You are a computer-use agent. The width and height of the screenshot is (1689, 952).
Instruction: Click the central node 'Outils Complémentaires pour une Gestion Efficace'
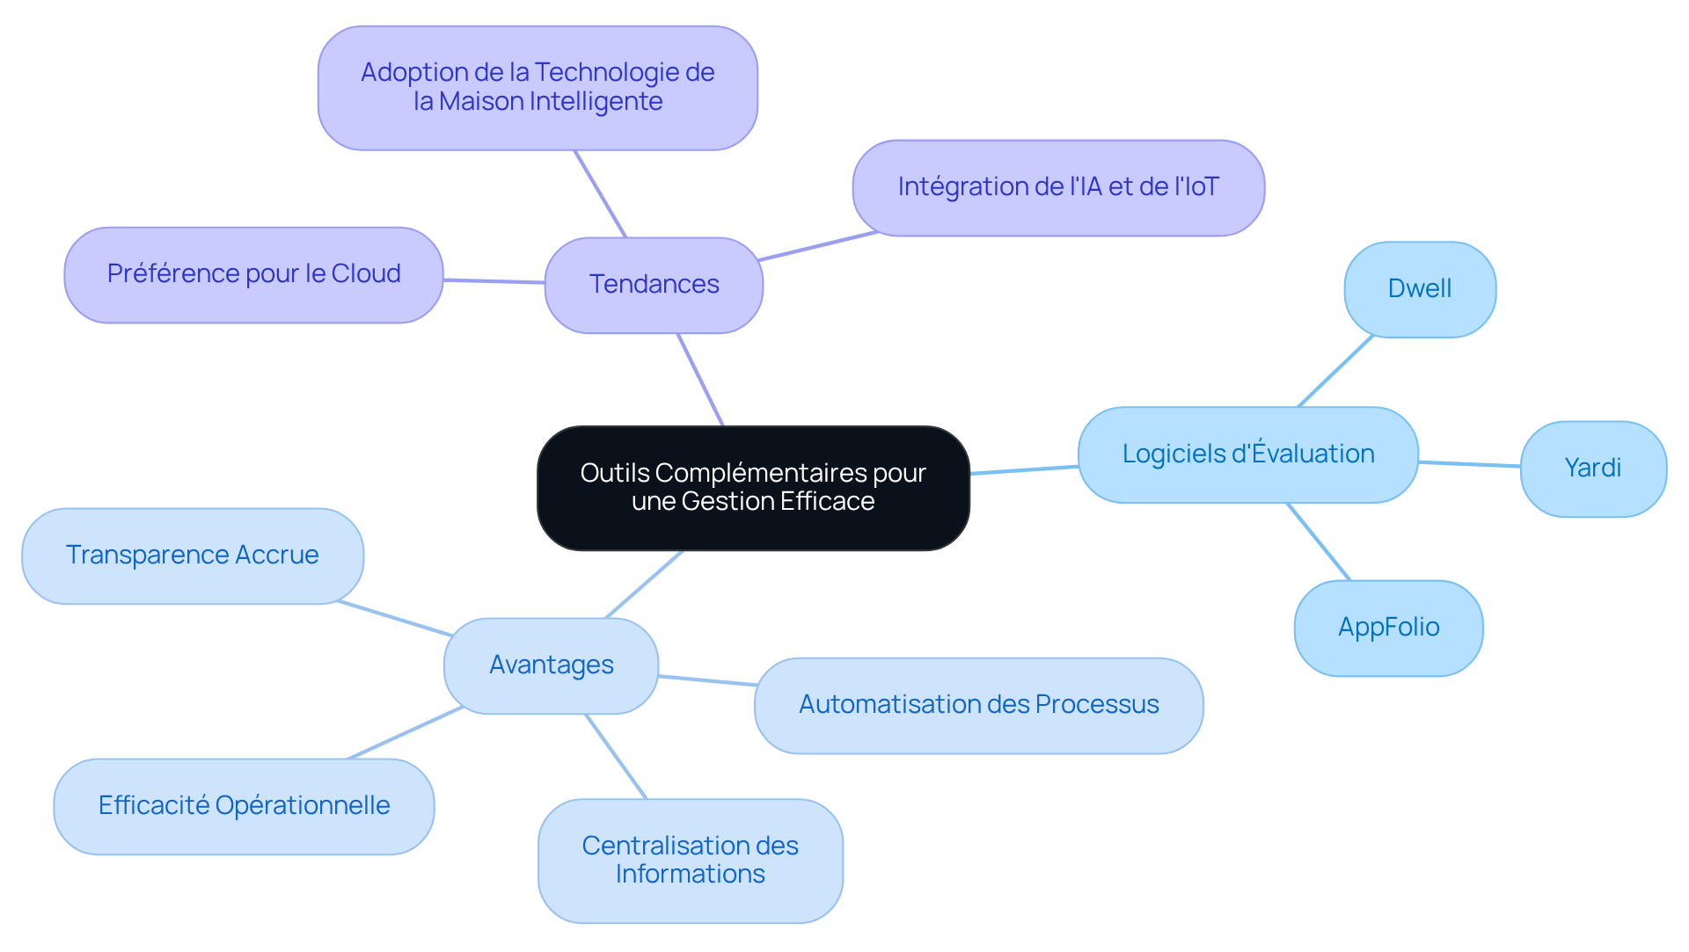click(x=753, y=488)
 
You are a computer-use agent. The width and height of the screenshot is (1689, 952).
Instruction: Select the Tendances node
click(x=654, y=285)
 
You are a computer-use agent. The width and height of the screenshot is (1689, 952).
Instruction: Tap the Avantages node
click(x=551, y=665)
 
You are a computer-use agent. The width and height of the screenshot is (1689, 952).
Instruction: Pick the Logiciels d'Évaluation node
click(x=1247, y=454)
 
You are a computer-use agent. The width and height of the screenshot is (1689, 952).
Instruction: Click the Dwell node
click(x=1419, y=289)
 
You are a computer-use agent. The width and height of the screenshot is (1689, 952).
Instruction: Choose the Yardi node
click(x=1592, y=469)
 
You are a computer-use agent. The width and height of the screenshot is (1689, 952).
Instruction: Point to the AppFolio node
click(x=1388, y=628)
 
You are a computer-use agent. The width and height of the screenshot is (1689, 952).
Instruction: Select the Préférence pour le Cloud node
click(x=253, y=274)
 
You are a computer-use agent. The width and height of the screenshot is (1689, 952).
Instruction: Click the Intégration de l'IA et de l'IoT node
click(x=1057, y=187)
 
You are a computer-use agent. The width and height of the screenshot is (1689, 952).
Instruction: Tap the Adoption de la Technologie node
click(x=537, y=87)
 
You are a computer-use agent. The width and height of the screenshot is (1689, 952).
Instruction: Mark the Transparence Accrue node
click(x=192, y=556)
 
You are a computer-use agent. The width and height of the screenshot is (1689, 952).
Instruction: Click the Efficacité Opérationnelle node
click(x=244, y=806)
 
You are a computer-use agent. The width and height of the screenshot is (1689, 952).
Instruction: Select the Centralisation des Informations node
click(x=690, y=860)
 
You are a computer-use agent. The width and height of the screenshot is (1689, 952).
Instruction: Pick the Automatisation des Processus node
click(x=978, y=705)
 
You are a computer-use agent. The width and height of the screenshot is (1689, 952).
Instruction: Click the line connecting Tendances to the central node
click(x=700, y=380)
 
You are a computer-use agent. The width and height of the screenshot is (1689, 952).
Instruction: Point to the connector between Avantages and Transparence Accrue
click(x=395, y=618)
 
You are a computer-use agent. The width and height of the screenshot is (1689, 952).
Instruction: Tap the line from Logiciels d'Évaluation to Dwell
click(x=1335, y=371)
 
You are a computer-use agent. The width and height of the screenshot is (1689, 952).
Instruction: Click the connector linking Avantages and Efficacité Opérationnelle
click(x=405, y=732)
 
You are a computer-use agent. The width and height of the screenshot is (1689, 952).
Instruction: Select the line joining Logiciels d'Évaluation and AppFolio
click(x=1319, y=541)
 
